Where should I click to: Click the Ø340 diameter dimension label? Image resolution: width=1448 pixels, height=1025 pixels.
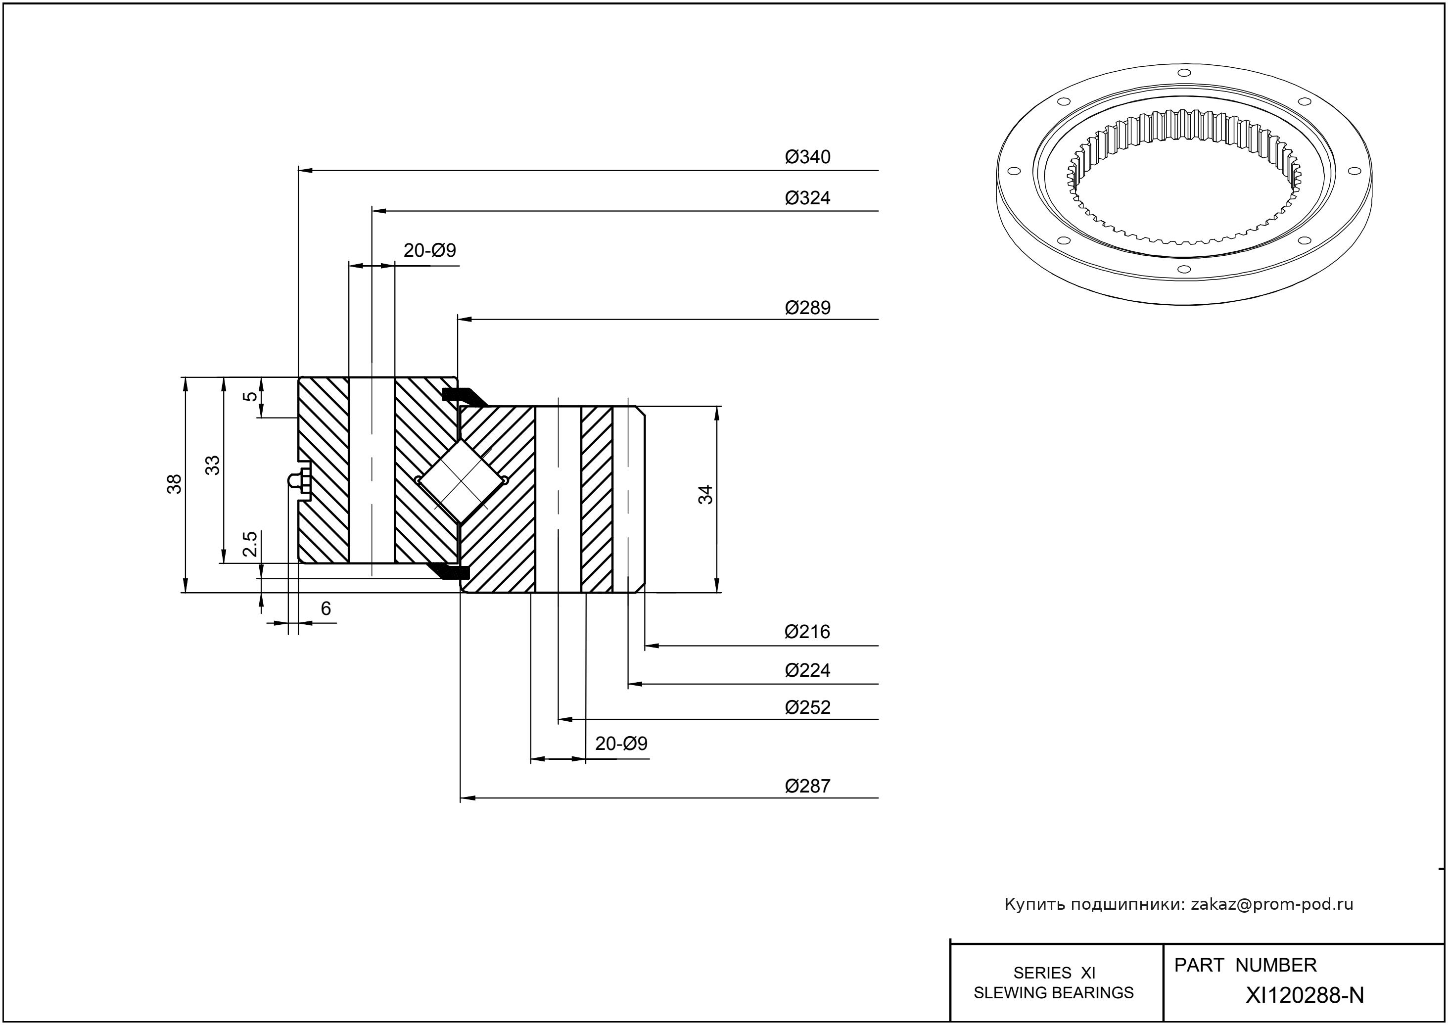807,157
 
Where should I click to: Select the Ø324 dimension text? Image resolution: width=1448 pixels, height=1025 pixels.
807,198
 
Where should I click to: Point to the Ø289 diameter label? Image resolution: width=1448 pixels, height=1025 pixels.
807,308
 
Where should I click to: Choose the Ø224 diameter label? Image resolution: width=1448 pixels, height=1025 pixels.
807,670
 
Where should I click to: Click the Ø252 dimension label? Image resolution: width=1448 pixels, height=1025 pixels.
807,707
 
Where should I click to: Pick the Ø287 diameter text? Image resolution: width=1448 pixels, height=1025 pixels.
807,787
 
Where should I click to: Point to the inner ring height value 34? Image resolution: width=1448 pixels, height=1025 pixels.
705,494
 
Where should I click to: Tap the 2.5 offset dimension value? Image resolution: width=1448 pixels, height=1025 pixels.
250,544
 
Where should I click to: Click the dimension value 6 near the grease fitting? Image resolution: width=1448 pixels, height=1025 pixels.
326,609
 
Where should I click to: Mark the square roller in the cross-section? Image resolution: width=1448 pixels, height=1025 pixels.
462,481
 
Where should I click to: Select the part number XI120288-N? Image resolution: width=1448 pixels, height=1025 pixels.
1304,995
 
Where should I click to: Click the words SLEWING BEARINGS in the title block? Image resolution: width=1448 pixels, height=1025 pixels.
1054,993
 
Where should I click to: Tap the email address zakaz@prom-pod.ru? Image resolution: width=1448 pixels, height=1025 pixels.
1271,904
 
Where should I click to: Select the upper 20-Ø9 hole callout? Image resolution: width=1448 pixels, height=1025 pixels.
429,251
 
